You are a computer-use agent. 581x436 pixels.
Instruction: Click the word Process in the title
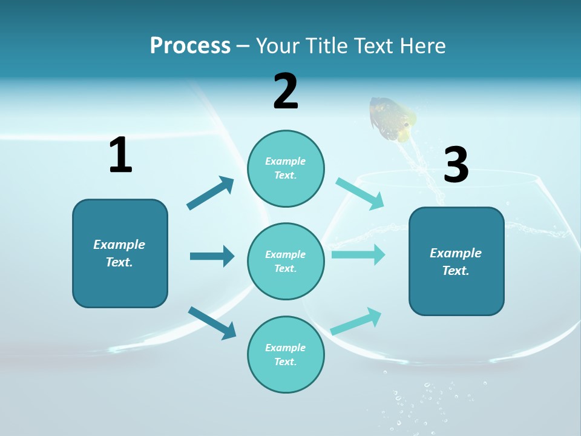pyautogui.click(x=190, y=45)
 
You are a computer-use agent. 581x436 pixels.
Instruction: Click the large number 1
pyautogui.click(x=120, y=155)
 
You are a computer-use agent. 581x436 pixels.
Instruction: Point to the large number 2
pyautogui.click(x=286, y=91)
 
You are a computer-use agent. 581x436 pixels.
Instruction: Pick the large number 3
pyautogui.click(x=456, y=165)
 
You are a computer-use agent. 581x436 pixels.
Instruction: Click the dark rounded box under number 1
pyautogui.click(x=120, y=253)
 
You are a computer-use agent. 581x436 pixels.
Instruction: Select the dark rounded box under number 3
pyautogui.click(x=456, y=261)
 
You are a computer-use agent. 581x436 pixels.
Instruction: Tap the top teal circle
pyautogui.click(x=286, y=168)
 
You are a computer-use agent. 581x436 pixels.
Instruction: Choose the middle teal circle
pyautogui.click(x=286, y=261)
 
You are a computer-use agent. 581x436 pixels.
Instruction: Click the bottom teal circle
pyautogui.click(x=286, y=354)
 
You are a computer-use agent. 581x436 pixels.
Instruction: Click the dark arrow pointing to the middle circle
pyautogui.click(x=212, y=256)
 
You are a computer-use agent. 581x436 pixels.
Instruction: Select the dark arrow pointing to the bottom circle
pyautogui.click(x=212, y=322)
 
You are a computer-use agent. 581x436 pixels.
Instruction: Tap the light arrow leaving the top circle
pyautogui.click(x=360, y=193)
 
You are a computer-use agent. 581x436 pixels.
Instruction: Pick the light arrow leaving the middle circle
pyautogui.click(x=358, y=254)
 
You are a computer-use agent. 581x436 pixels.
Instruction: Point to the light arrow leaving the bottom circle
pyautogui.click(x=356, y=322)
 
